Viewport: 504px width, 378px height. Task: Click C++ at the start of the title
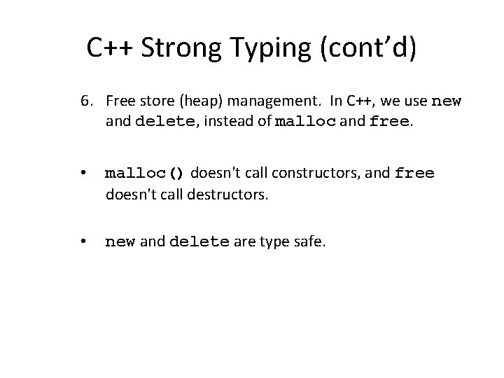(111, 48)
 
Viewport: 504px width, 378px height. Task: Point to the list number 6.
(85, 102)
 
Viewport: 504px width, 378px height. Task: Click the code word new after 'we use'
(446, 102)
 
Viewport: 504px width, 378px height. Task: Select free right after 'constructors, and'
(414, 173)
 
